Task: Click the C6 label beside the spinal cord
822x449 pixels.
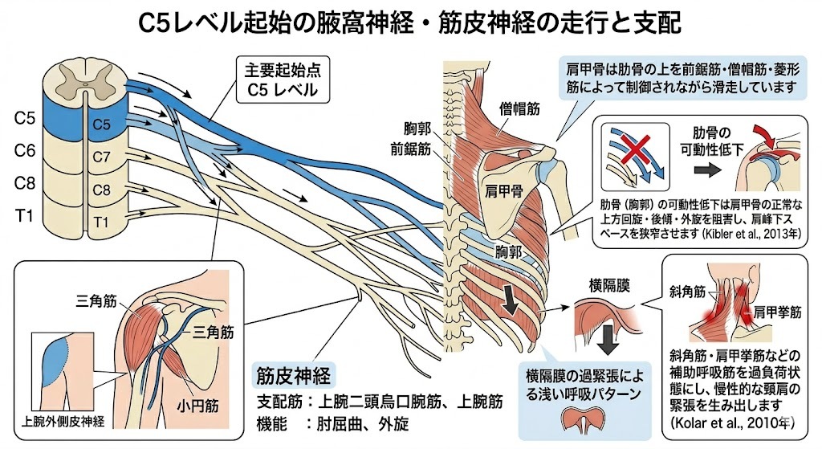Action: point(24,151)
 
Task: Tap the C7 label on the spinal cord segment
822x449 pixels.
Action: point(101,157)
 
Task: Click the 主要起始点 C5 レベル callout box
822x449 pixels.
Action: point(283,80)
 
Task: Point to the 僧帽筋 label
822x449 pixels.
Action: point(519,109)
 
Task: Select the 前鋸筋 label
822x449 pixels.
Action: point(410,149)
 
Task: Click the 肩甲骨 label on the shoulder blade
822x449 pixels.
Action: point(504,191)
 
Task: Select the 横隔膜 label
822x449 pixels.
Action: point(609,286)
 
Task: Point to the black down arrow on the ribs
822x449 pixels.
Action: point(511,300)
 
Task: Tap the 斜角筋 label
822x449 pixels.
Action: point(687,292)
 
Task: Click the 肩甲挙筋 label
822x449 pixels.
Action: point(777,312)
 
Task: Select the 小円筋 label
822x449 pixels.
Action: point(197,406)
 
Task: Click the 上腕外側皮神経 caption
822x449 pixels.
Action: point(63,421)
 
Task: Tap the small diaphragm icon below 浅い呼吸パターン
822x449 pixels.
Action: point(584,420)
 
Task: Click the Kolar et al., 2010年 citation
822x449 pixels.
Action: point(732,422)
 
